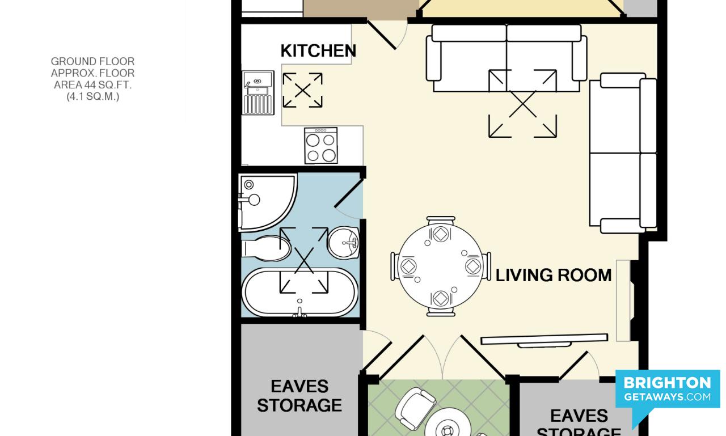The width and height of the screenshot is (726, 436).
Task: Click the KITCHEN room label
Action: tap(318, 51)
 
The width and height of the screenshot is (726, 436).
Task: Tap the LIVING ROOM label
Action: tap(553, 275)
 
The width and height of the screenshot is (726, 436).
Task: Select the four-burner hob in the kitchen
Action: tap(321, 146)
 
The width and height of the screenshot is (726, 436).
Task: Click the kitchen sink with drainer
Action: tap(258, 92)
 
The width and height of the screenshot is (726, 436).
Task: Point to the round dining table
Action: tap(441, 266)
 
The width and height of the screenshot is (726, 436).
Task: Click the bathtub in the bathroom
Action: tap(300, 293)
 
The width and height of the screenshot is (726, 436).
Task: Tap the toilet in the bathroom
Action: tap(266, 248)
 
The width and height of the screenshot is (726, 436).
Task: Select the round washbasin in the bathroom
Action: tap(344, 242)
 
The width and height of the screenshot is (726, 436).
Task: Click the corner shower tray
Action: tap(267, 202)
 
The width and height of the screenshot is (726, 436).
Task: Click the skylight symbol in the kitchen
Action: tap(302, 90)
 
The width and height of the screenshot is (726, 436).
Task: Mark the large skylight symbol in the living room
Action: tap(522, 104)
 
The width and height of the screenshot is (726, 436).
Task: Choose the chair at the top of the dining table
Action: tap(441, 221)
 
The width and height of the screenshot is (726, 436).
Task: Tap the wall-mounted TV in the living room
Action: tap(544, 340)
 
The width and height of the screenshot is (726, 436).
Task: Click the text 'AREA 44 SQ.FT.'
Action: tap(92, 85)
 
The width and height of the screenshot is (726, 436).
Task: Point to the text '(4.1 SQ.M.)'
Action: tap(92, 96)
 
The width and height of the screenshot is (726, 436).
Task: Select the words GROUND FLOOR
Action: tap(92, 61)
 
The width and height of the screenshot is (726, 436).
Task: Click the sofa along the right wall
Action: tap(623, 153)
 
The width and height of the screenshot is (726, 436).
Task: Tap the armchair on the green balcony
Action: tap(415, 409)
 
